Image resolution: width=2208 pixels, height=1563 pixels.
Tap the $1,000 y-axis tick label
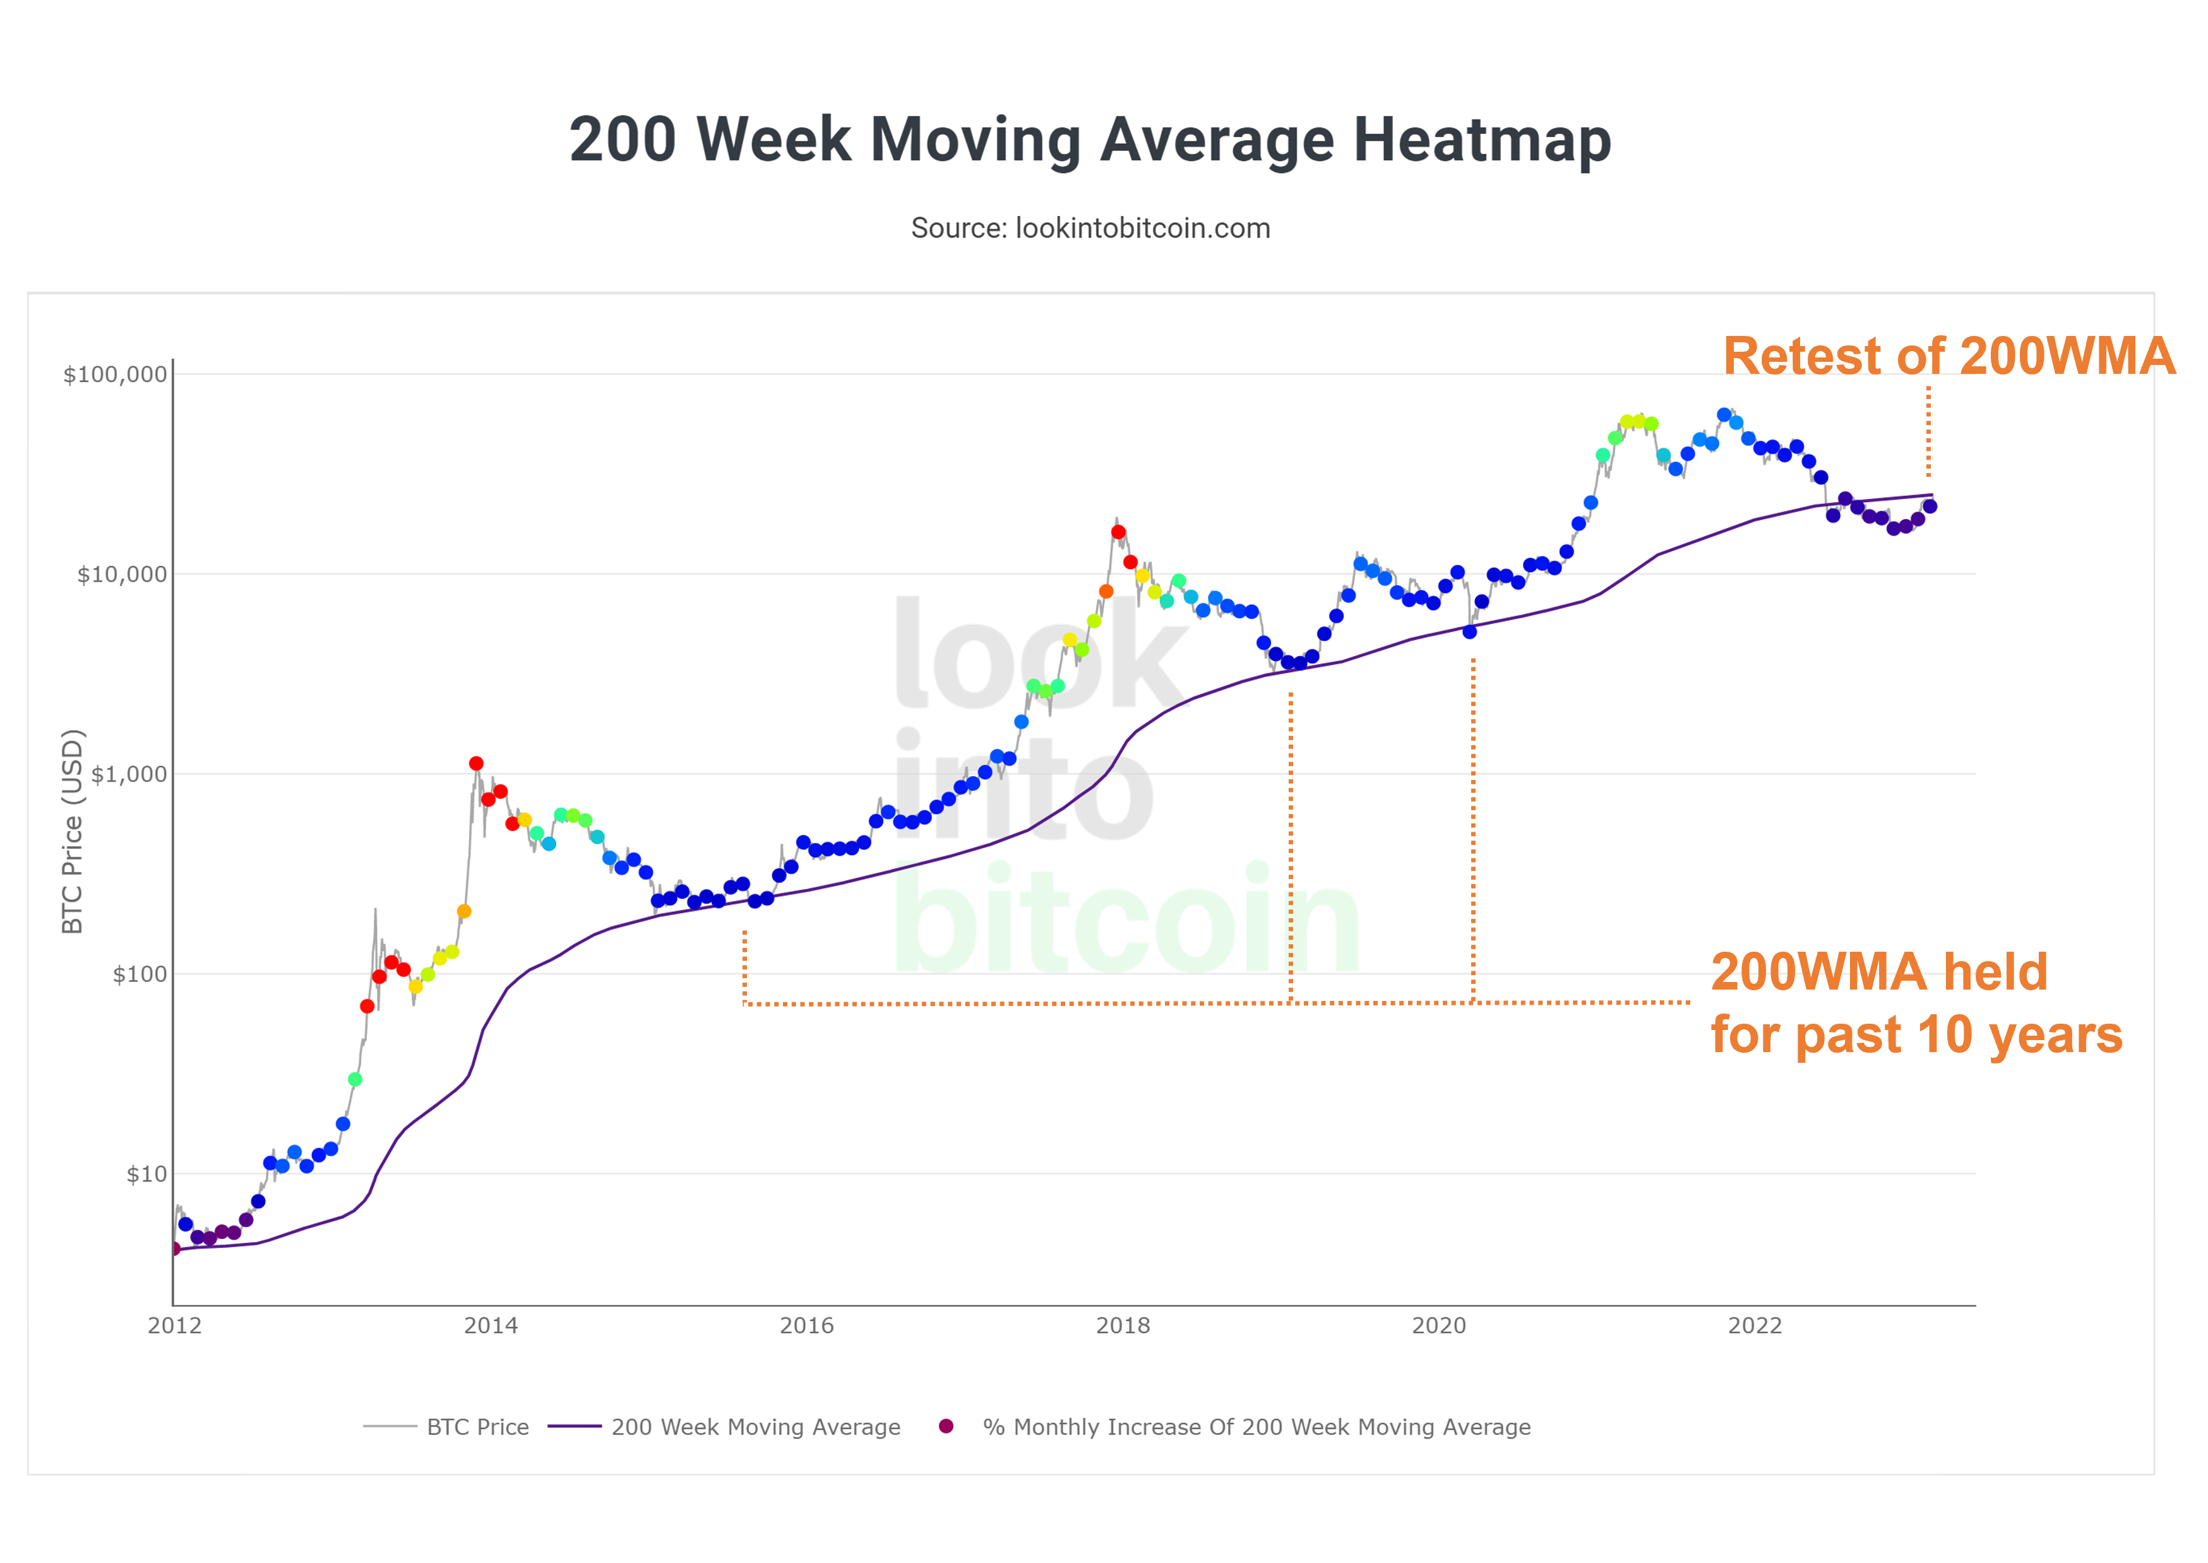(x=128, y=774)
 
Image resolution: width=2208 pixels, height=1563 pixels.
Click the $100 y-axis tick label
(x=140, y=974)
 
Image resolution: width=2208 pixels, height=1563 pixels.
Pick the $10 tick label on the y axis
(x=146, y=1174)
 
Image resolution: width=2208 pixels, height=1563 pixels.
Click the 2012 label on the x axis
(x=174, y=1326)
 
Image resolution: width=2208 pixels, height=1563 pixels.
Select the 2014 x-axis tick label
(x=491, y=1326)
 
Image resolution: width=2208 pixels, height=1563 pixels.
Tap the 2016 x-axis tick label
(x=806, y=1326)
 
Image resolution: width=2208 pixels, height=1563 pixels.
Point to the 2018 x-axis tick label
(x=1123, y=1326)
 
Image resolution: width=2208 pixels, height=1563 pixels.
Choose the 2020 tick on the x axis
(x=1438, y=1326)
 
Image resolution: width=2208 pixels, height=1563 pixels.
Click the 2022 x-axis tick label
(x=1755, y=1326)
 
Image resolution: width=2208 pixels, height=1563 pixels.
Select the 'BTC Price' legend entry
(x=477, y=1427)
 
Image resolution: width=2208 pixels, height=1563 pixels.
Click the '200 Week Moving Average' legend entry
(x=755, y=1427)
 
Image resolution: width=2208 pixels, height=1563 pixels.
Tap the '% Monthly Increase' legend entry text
(x=1255, y=1427)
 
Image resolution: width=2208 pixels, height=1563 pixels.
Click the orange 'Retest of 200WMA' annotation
(x=1948, y=356)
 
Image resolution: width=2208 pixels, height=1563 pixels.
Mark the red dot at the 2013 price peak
(x=476, y=764)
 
